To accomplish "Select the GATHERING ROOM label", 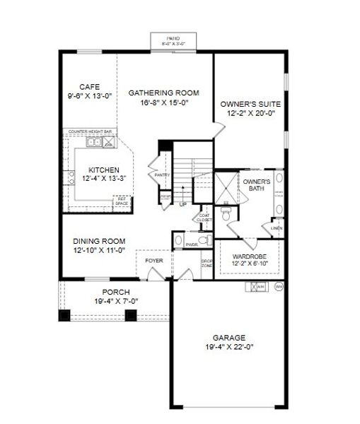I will tap(163, 93).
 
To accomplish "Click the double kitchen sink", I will tap(94, 143).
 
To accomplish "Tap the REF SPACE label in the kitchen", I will tap(122, 201).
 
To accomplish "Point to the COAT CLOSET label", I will tap(205, 218).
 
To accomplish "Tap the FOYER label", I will tap(154, 261).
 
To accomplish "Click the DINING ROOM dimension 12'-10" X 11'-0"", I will tap(98, 249).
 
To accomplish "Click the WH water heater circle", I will tap(278, 287).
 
